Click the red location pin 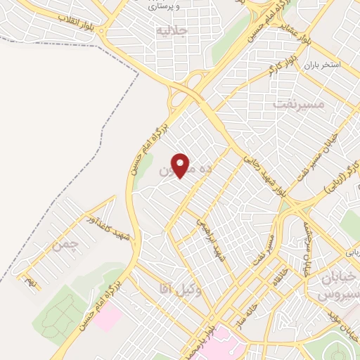pyautogui.click(x=181, y=165)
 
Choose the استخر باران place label pyautogui.click(x=322, y=65)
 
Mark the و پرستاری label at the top pyautogui.click(x=167, y=5)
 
